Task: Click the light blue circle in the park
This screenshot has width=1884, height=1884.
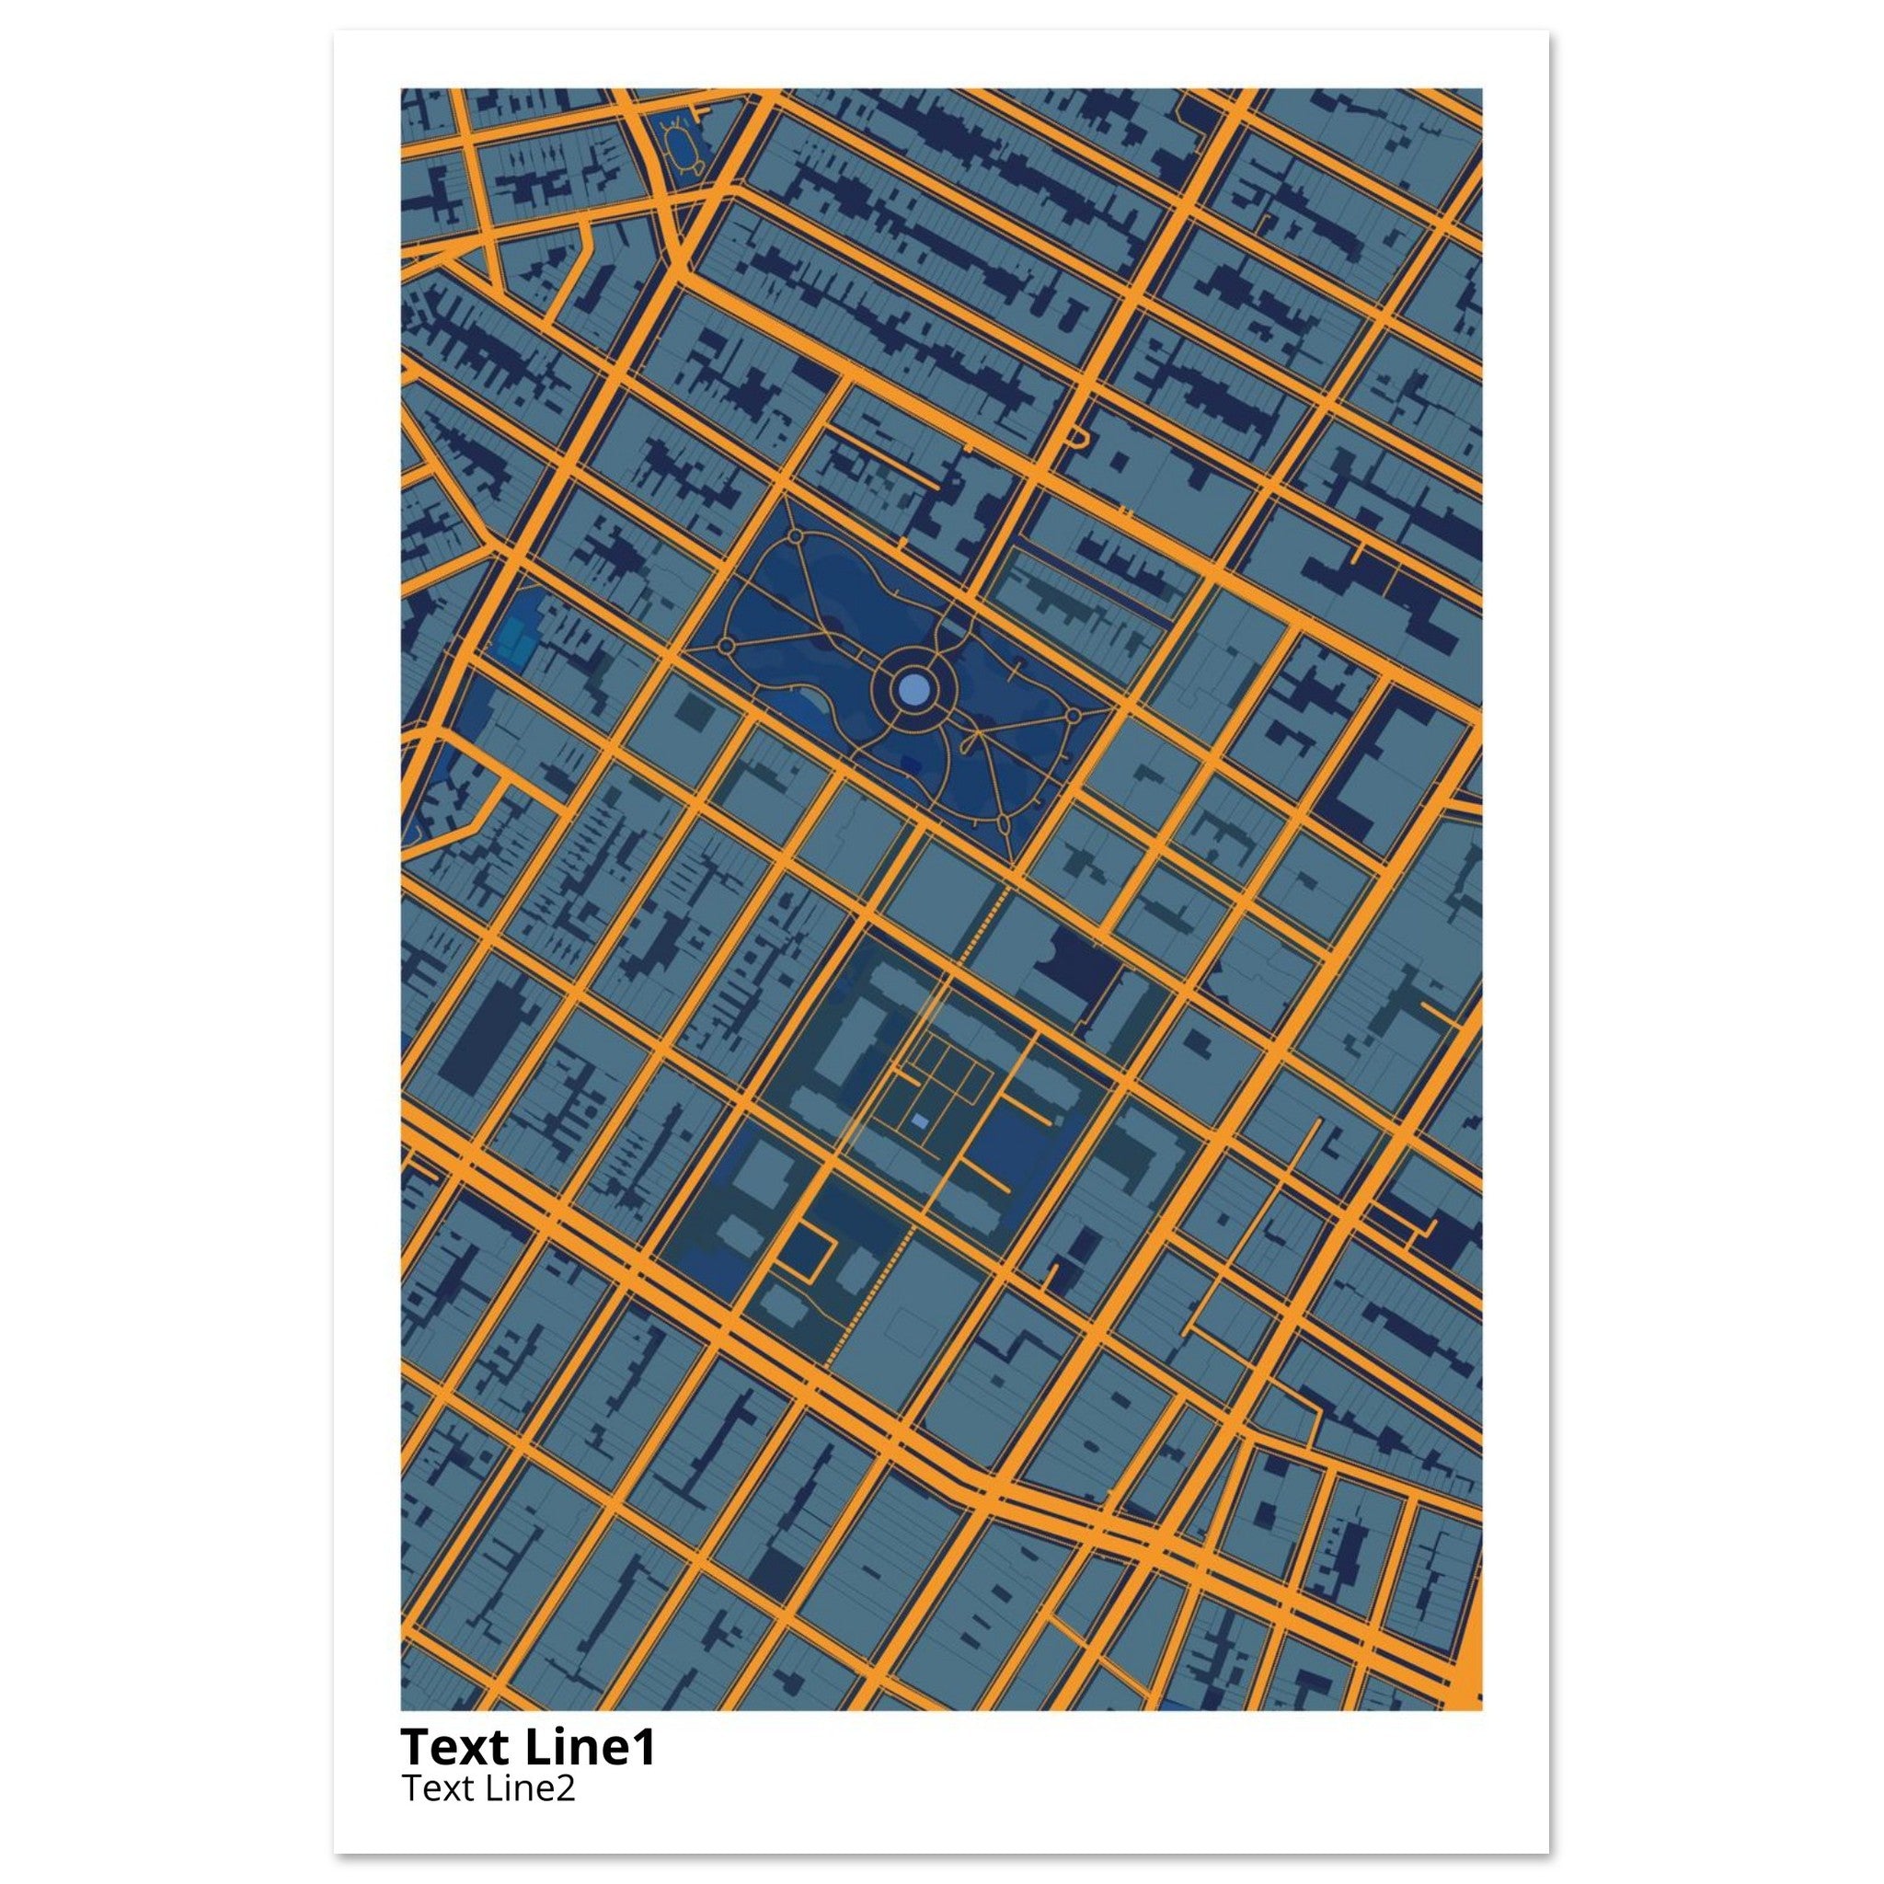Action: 912,692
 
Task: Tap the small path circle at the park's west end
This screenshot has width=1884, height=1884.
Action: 726,646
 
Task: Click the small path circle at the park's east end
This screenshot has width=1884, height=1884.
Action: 1073,717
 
